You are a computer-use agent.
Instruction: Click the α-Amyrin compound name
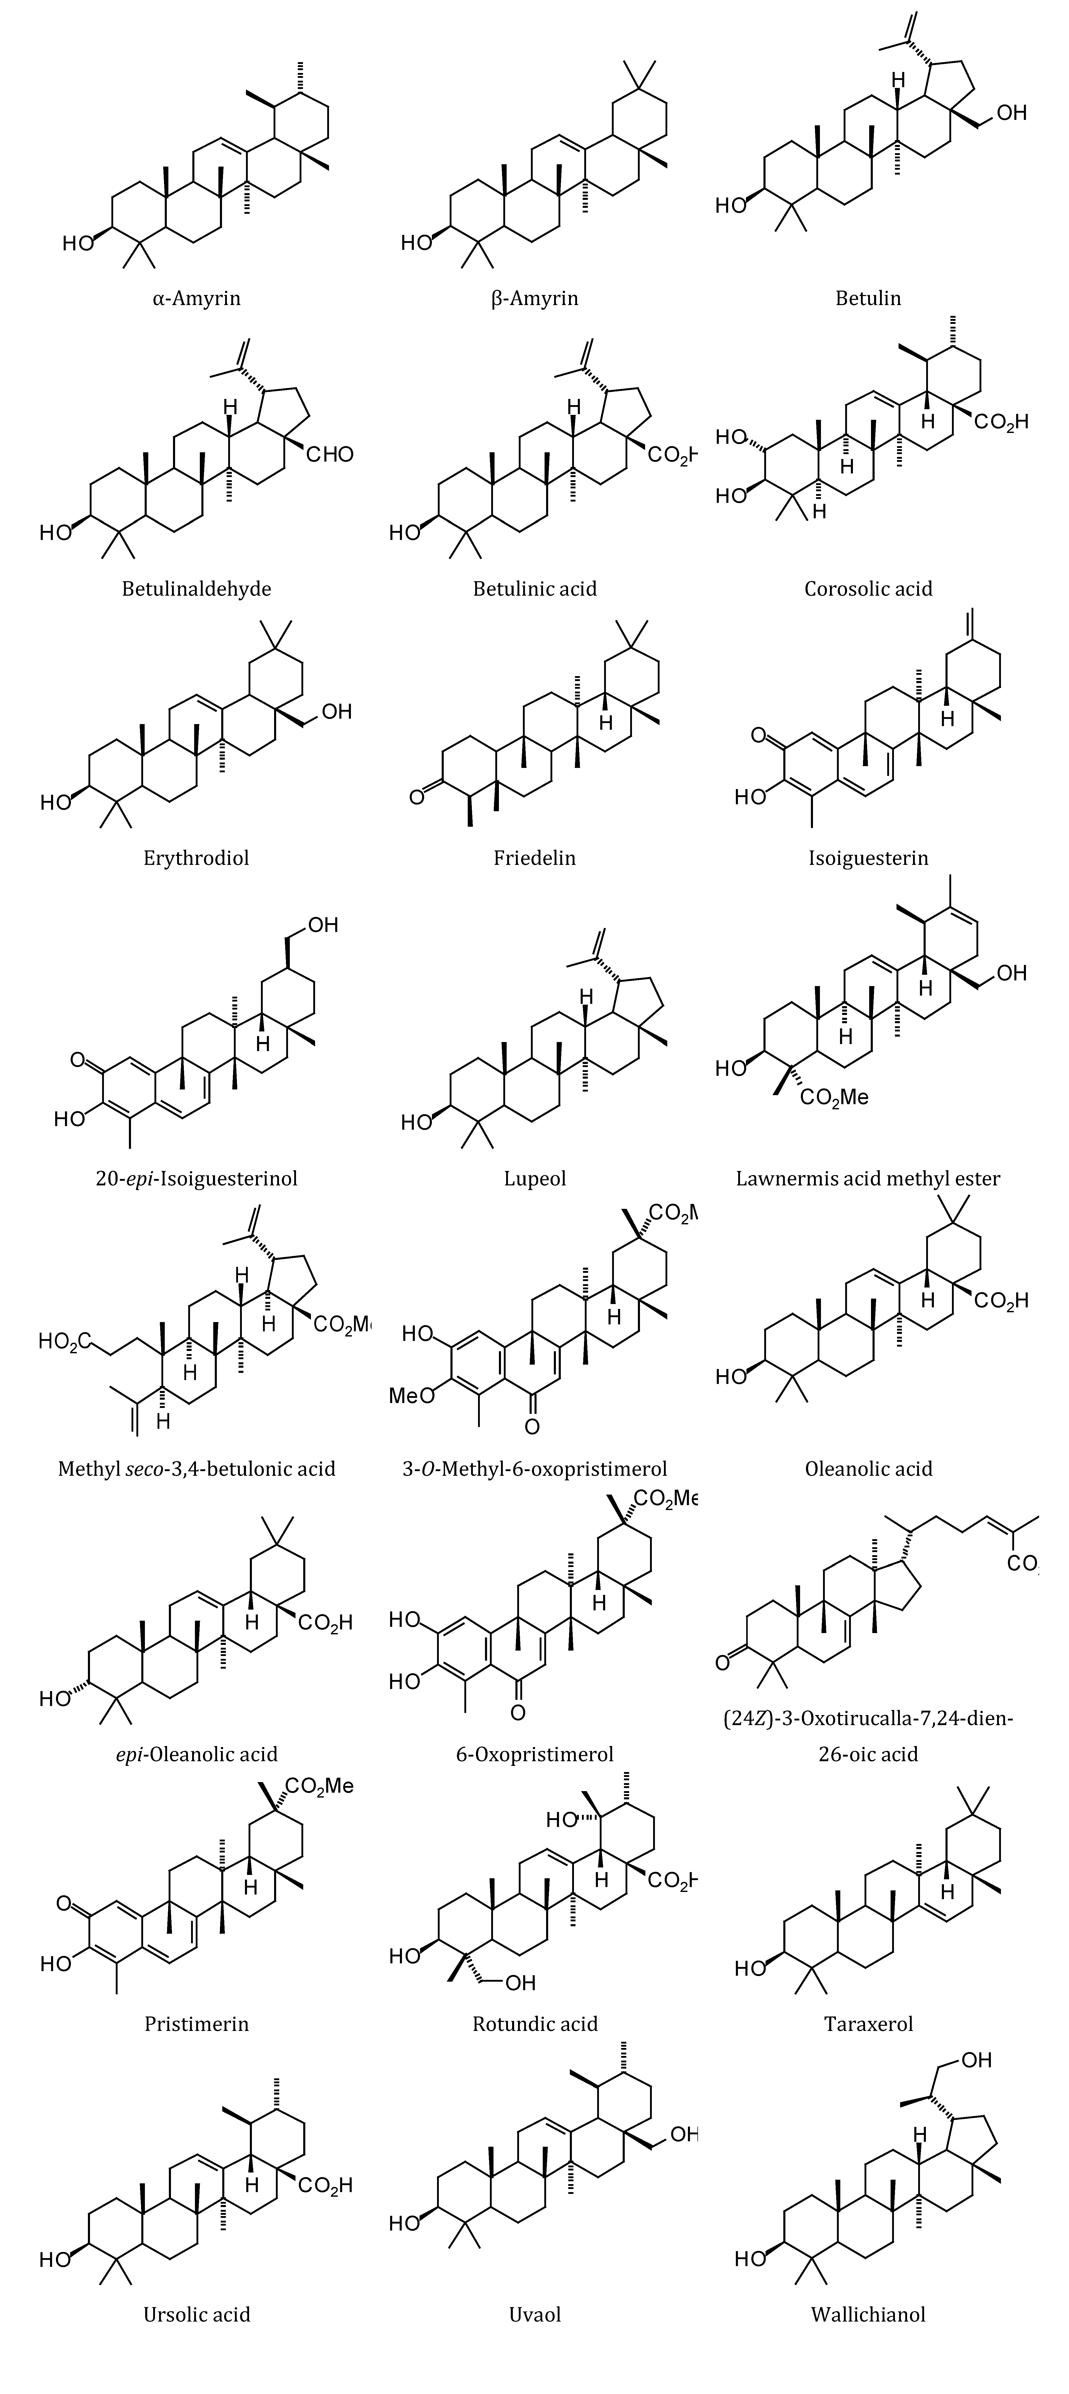pyautogui.click(x=196, y=298)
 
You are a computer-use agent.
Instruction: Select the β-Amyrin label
pyautogui.click(x=534, y=298)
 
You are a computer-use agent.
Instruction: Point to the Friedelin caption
pyautogui.click(x=534, y=858)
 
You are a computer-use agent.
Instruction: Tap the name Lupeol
pyautogui.click(x=534, y=1178)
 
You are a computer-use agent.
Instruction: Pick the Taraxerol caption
pyautogui.click(x=868, y=2023)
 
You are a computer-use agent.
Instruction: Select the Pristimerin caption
pyautogui.click(x=196, y=2023)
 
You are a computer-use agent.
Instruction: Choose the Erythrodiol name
pyautogui.click(x=196, y=858)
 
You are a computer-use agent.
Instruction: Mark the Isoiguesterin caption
pyautogui.click(x=868, y=858)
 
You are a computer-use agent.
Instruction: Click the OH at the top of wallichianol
pyautogui.click(x=976, y=2060)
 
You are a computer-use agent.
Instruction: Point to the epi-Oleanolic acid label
pyautogui.click(x=196, y=1754)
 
